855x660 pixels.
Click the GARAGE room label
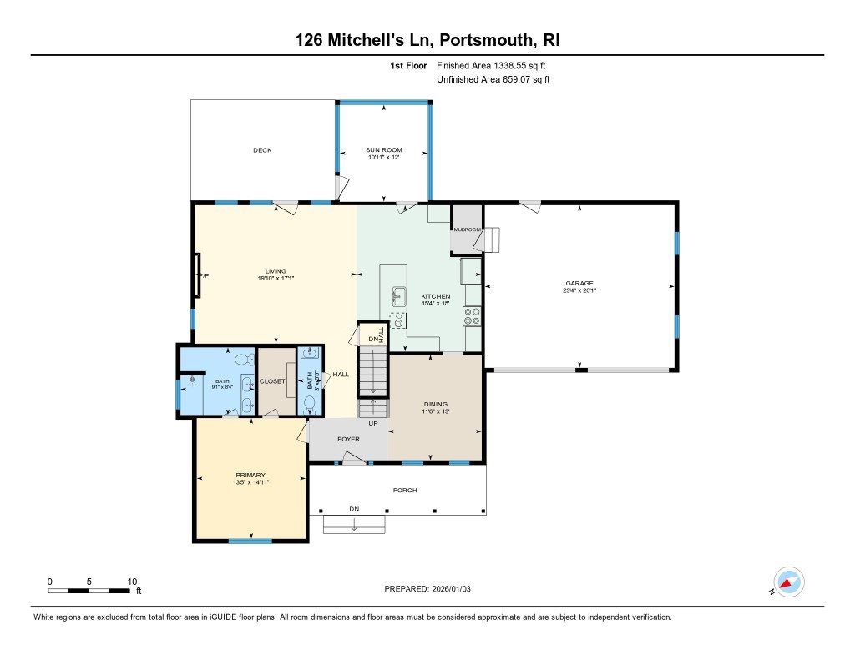579,283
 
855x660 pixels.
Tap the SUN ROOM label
383,150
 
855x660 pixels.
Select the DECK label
262,150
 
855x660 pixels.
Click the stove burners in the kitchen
473,316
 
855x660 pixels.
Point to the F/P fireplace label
201,275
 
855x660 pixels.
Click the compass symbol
788,582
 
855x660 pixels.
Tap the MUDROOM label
467,229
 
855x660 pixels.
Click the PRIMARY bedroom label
250,475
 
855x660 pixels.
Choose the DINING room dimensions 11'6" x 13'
435,411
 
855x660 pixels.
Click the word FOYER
348,439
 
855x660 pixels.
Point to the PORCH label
405,490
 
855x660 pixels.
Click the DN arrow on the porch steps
354,525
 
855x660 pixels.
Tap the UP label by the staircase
373,423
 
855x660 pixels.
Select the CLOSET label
273,381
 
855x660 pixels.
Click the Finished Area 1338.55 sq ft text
492,65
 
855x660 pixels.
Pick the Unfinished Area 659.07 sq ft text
493,80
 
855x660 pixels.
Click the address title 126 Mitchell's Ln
367,40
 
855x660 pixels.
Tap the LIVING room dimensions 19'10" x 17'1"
276,278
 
